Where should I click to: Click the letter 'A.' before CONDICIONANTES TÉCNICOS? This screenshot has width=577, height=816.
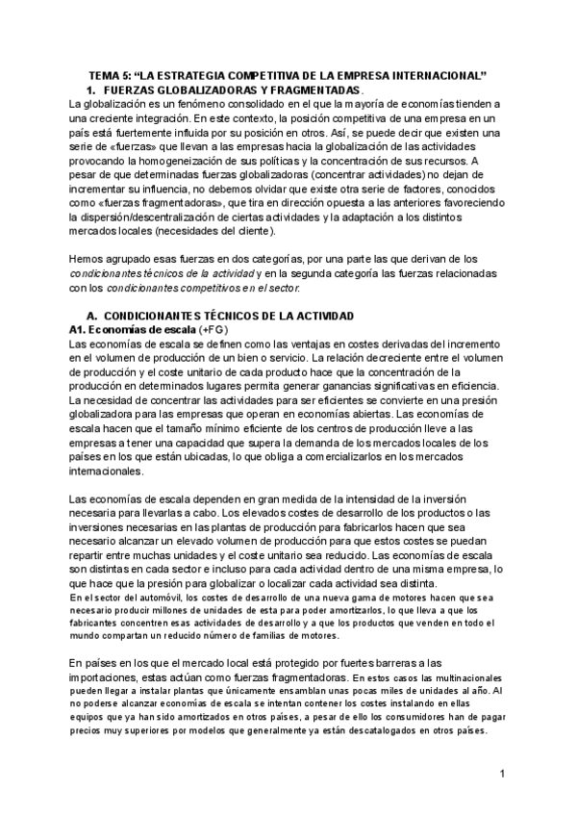pos(93,317)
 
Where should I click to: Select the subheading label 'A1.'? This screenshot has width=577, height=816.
pos(80,330)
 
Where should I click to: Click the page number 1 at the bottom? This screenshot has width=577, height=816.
pos(502,776)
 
